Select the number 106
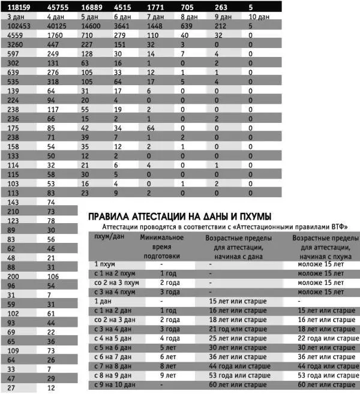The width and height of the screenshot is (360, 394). (x=53, y=276)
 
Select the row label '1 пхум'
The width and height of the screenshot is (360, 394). (x=106, y=263)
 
